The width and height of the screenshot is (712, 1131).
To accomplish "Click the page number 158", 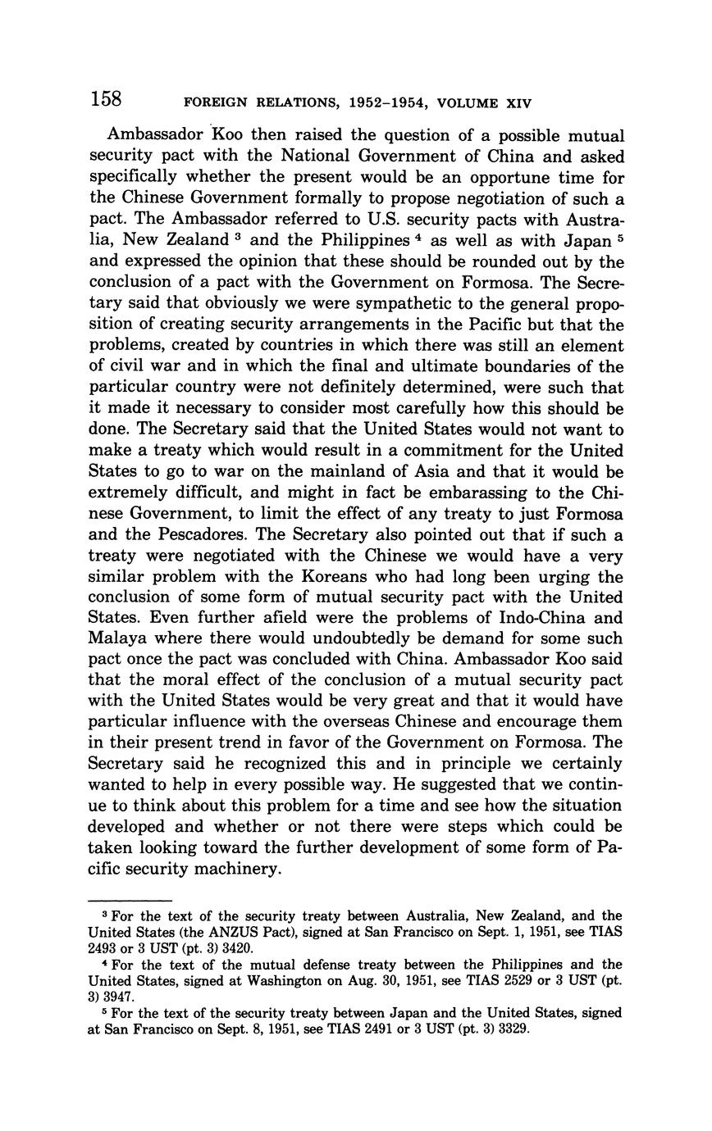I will (106, 100).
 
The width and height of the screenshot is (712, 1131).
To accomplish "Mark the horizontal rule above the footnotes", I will (129, 900).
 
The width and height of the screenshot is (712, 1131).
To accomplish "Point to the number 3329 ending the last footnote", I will (513, 1029).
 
